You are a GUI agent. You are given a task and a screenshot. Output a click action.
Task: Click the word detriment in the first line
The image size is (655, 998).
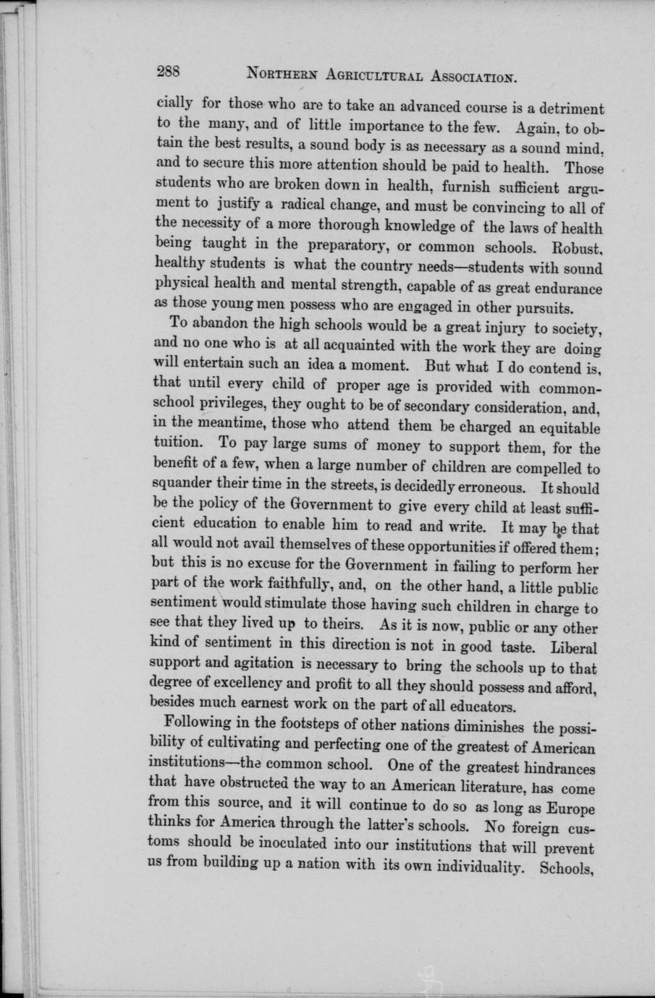(568, 108)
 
